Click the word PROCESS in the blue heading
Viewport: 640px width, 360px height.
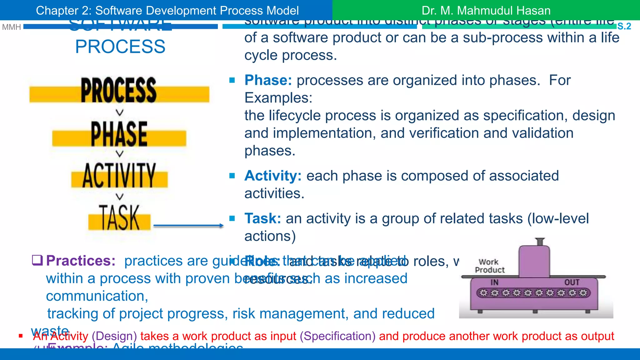tap(120, 47)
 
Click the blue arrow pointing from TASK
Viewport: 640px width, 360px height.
tap(188, 225)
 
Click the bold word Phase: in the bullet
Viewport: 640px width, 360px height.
tap(268, 80)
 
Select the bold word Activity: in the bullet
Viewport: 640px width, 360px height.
tap(273, 176)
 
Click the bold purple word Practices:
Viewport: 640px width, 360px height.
tap(81, 261)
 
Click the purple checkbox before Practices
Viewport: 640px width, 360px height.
tap(37, 260)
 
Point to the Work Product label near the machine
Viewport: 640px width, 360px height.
tap(489, 266)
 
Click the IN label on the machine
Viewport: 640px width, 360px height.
tap(494, 282)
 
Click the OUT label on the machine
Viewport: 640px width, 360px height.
tap(572, 282)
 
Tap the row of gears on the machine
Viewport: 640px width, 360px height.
tap(533, 293)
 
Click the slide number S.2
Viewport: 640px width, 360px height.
tap(624, 26)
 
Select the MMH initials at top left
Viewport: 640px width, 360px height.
tap(11, 27)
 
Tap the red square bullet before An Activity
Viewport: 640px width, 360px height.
tap(21, 336)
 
